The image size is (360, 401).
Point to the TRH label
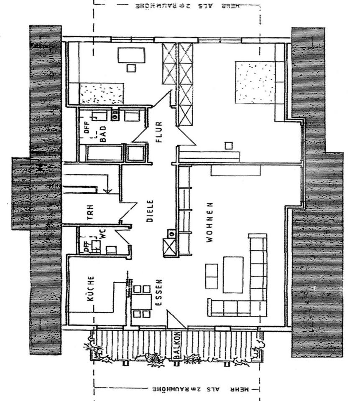(89, 211)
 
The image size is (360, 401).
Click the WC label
(103, 235)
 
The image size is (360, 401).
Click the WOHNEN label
(209, 222)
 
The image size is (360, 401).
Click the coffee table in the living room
(233, 274)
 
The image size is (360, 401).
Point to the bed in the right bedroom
(255, 82)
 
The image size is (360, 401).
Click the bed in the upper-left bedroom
(102, 93)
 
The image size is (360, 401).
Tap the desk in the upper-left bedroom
(131, 55)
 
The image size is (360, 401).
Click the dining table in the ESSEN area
(142, 301)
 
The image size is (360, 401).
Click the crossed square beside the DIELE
(170, 247)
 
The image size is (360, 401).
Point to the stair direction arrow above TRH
(108, 190)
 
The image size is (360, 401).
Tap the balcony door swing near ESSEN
(175, 320)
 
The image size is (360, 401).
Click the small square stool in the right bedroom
(228, 145)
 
